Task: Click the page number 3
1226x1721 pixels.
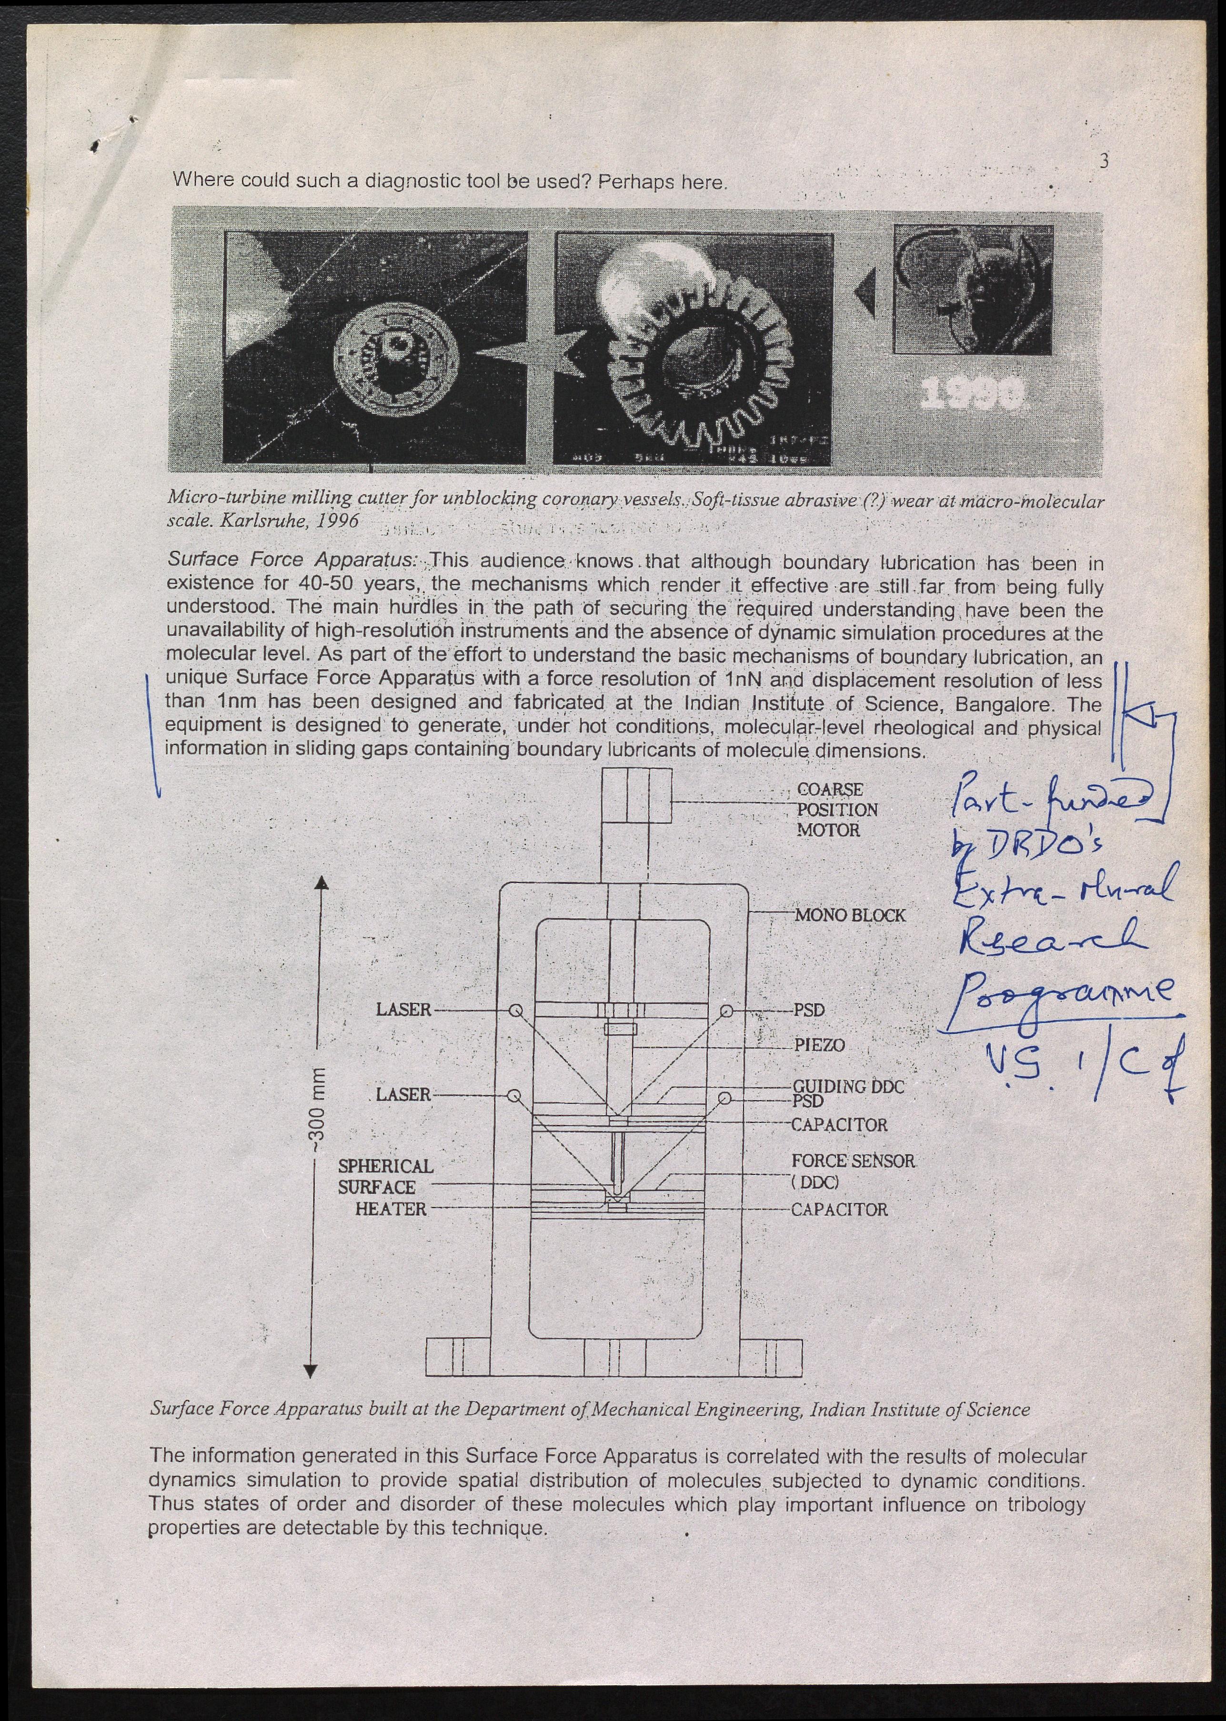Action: [1104, 161]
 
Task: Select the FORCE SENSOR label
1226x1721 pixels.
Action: [852, 1161]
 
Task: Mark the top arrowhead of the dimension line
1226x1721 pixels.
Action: [321, 883]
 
